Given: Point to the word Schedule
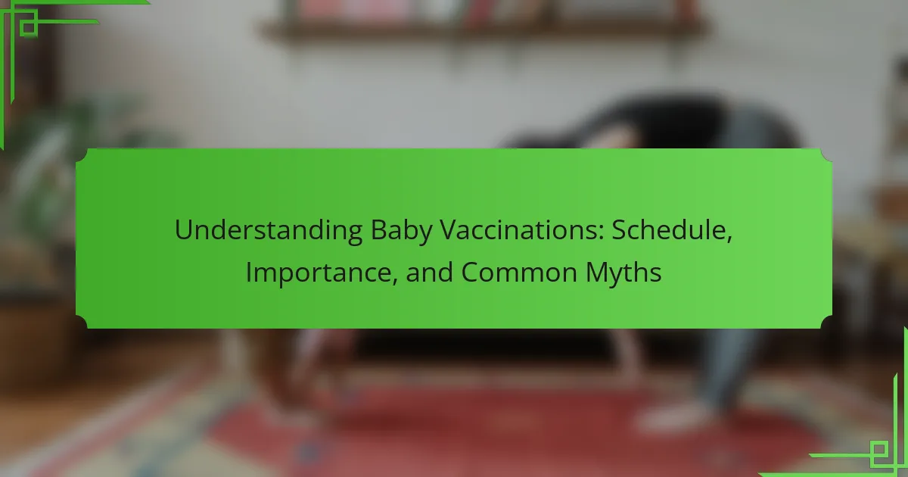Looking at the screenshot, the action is click(669, 230).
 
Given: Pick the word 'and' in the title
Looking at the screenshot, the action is click(429, 272).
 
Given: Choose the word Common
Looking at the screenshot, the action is click(519, 273).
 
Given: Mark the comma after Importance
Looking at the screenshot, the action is click(394, 281).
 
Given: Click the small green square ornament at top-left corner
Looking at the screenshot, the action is click(29, 27).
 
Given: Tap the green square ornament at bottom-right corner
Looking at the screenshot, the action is click(878, 450).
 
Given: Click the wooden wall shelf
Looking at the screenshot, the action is click(484, 29).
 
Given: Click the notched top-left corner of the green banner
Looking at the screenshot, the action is click(82, 155).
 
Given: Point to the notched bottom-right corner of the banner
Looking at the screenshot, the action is click(826, 322).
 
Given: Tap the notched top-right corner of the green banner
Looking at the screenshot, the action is click(826, 155).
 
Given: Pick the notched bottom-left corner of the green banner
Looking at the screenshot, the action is click(82, 322).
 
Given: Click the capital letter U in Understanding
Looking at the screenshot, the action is click(184, 230).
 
